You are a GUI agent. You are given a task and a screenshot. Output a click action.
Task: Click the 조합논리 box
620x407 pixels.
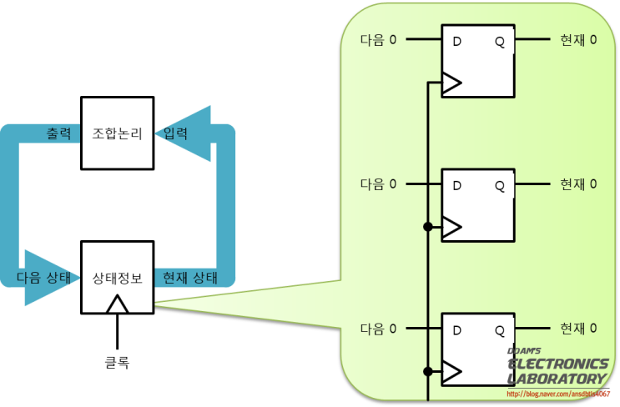point(117,133)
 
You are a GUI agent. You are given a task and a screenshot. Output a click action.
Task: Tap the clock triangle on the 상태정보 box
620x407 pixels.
point(117,304)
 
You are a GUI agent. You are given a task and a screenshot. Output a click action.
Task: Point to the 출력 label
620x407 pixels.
point(58,133)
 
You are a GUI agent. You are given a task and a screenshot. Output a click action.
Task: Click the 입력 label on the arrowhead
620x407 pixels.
point(175,133)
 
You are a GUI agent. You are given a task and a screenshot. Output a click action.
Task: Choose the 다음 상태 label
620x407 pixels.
point(46,278)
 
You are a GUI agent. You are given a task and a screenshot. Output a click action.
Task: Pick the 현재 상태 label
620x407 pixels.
point(189,278)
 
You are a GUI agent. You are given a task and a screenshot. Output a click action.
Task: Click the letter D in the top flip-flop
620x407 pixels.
point(456,41)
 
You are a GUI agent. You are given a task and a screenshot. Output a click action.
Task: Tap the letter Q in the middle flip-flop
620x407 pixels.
point(499,185)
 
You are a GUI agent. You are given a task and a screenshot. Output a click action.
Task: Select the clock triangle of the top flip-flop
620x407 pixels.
point(451,83)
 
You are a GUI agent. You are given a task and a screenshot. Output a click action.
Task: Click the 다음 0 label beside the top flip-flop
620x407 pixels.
point(378,39)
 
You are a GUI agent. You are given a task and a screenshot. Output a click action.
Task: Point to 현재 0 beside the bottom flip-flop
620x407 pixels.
point(578,329)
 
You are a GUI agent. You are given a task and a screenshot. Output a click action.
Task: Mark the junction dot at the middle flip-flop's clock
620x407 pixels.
point(427,226)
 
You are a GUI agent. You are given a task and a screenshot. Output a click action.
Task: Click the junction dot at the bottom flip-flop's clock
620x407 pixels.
point(427,371)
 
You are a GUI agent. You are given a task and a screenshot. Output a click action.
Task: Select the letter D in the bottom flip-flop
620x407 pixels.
point(456,330)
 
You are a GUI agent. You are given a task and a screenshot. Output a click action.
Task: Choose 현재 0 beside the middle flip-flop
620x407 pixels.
point(578,183)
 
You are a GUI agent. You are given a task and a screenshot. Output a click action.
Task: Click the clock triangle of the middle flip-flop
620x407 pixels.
point(451,226)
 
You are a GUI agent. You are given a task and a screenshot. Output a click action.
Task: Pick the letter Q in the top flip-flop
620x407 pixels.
point(499,41)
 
